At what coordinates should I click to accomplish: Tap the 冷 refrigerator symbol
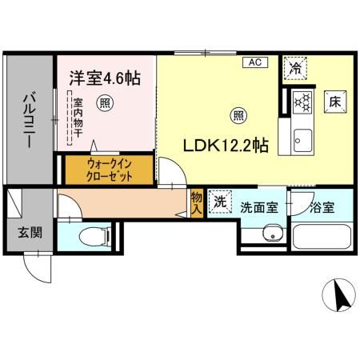[297, 69]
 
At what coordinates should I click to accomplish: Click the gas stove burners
[302, 102]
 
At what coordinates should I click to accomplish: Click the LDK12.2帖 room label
[226, 146]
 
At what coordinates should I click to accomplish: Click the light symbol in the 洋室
[105, 102]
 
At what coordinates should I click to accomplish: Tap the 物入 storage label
[197, 200]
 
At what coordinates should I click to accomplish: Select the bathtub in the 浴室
[322, 237]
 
